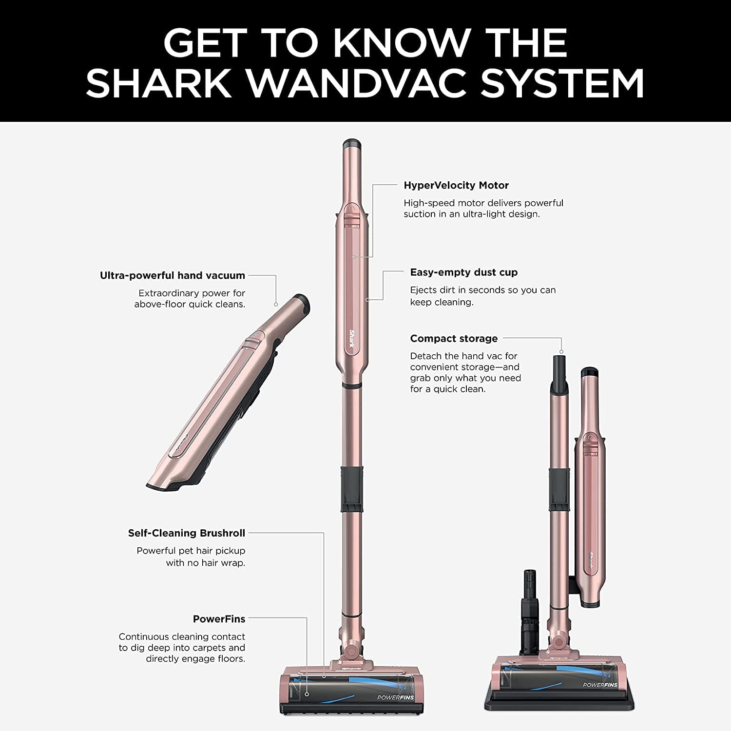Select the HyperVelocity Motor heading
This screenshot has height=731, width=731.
coord(456,185)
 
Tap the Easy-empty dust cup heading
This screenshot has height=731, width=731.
coord(463,272)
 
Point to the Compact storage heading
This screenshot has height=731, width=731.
coord(454,338)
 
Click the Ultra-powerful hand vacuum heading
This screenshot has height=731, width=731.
coord(173,275)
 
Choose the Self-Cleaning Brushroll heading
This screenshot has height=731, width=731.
coord(187,533)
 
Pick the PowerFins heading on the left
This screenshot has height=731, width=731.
coord(219,619)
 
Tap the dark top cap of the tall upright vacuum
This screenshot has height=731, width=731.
coord(351,144)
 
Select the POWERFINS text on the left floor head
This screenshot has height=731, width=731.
coord(395,697)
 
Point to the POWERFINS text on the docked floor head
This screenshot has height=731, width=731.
coord(600,685)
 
